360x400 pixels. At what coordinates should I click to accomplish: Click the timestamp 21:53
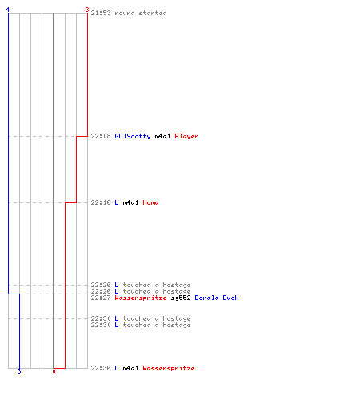point(101,13)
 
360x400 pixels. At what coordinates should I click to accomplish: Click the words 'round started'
point(141,13)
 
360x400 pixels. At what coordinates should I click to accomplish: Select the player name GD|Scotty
point(133,136)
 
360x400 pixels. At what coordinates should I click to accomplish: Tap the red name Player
point(186,136)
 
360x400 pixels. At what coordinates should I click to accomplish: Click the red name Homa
point(150,202)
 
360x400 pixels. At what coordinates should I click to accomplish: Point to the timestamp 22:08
point(101,136)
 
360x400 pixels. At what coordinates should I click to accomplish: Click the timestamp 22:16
point(101,202)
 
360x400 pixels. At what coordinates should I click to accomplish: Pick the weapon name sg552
point(181,298)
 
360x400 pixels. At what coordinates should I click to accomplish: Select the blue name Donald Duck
point(217,298)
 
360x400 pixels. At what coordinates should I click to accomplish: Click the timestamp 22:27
point(101,298)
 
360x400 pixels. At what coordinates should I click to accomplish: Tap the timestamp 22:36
point(101,368)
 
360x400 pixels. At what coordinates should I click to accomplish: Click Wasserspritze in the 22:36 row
point(169,368)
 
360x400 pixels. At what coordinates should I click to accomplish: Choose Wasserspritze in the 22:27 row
point(141,298)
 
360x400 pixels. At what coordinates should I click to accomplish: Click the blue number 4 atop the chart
point(8,10)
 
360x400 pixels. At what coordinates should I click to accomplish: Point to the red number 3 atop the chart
point(87,10)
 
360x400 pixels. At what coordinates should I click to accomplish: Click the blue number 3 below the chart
point(19,371)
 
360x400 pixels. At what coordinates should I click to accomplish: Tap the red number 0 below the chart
point(54,371)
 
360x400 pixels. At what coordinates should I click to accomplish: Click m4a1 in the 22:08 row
point(162,136)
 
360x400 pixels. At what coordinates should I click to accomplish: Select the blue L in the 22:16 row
point(117,202)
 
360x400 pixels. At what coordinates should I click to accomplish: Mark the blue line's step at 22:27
point(14,294)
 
